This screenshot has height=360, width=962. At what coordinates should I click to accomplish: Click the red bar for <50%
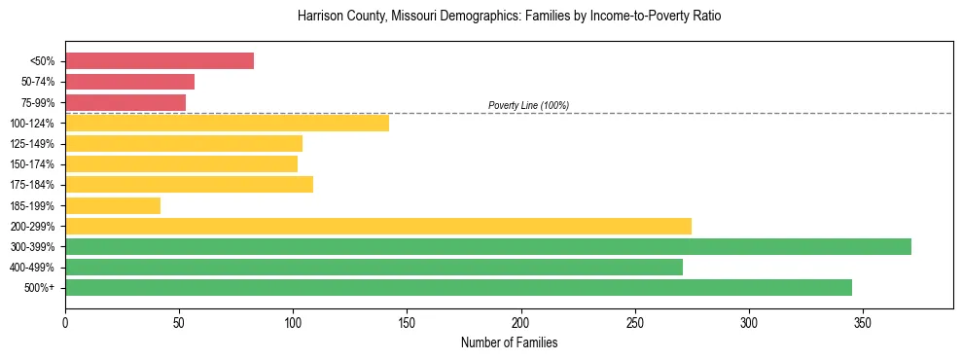pos(160,61)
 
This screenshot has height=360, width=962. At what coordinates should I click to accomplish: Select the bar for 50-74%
pos(129,82)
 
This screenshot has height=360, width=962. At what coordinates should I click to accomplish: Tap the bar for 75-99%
pos(125,102)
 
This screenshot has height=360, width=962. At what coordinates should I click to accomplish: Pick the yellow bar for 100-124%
pos(227,123)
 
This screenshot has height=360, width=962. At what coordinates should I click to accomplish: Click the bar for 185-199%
pos(113,205)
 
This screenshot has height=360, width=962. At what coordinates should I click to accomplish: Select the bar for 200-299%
pos(378,226)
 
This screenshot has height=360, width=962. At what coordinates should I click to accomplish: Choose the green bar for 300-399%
pos(488,246)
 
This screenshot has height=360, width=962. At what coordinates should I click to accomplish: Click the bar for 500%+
pos(458,287)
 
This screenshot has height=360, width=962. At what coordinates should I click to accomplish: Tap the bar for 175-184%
pos(189,185)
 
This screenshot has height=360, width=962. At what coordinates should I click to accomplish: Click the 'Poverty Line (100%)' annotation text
pos(528,105)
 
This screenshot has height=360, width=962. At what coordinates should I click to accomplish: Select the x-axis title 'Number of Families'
pos(509,343)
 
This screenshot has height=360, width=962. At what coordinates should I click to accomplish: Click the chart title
pos(509,17)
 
